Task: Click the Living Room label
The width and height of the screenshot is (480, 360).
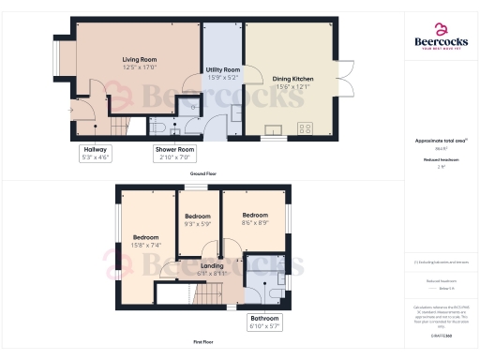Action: coord(139,64)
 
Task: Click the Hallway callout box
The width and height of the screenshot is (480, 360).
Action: coord(96,153)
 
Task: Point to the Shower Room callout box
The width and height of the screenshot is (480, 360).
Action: coord(174,153)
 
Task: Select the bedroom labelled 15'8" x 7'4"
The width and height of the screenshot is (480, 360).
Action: coord(145,241)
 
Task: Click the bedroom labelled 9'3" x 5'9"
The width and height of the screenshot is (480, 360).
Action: coord(197,221)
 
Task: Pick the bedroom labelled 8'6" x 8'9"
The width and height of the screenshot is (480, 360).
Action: coord(255,219)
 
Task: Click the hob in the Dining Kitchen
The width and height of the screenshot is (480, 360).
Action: coord(305,128)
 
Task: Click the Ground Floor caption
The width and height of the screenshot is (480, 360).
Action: coord(203,174)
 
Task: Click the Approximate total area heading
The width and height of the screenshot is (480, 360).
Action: coord(441,141)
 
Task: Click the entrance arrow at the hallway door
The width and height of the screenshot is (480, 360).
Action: coord(71,110)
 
